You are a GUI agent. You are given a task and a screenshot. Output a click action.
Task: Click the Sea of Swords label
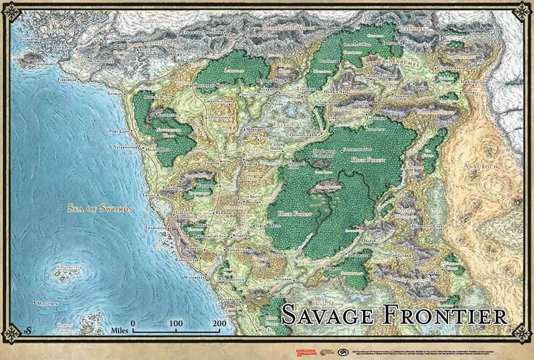coord(99,209)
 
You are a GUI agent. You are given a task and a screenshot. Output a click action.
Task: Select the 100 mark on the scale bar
coord(176,324)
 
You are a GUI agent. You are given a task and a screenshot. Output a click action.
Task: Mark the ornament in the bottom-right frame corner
coord(522,333)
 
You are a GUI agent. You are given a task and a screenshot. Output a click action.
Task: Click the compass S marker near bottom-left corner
coord(25,329)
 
